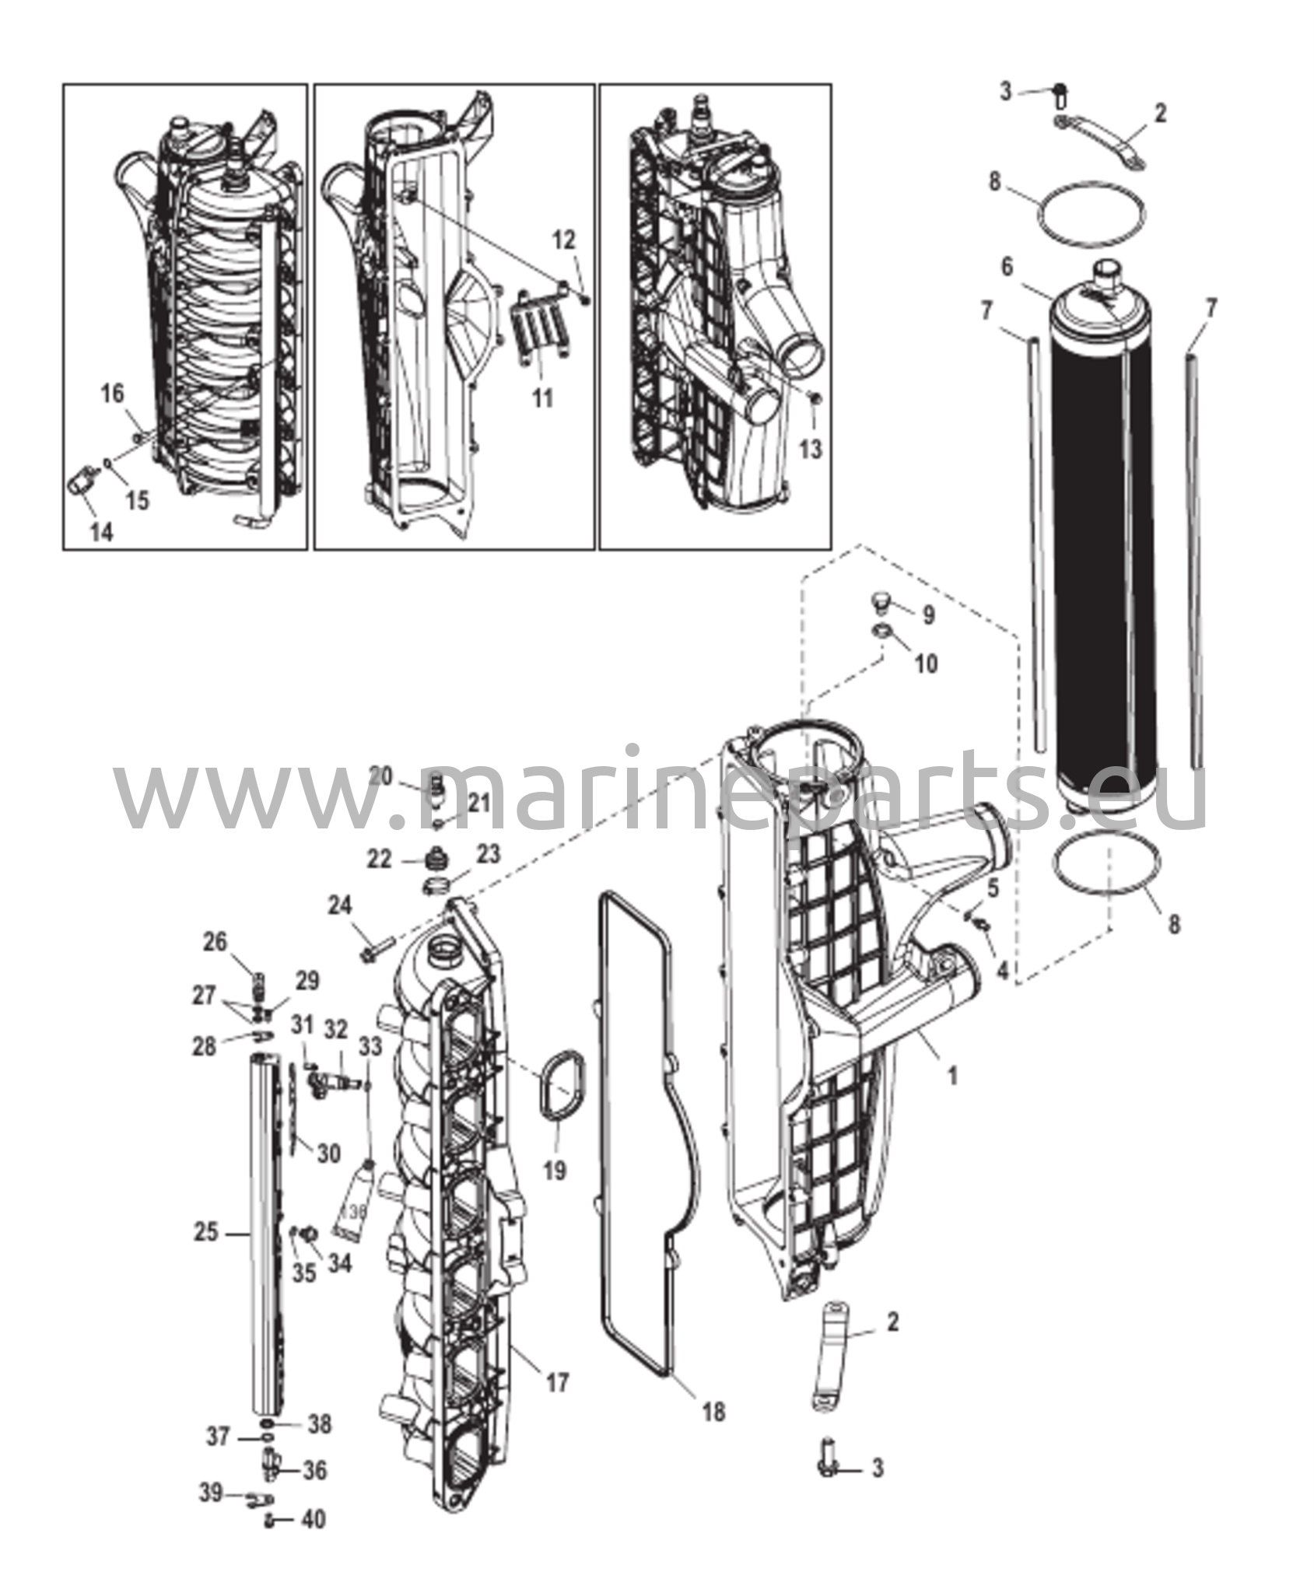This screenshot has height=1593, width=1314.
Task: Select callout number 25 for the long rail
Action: pos(205,1233)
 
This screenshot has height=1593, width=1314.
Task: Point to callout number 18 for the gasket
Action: pos(713,1411)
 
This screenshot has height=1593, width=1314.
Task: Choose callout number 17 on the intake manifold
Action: pos(557,1382)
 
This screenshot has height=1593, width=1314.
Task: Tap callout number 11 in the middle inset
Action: pos(542,397)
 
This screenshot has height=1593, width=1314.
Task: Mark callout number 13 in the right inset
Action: pos(811,449)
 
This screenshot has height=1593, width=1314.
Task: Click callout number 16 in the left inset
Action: pos(113,394)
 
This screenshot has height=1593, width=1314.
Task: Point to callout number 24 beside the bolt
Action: pos(340,905)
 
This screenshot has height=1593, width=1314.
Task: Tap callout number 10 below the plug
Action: pos(926,663)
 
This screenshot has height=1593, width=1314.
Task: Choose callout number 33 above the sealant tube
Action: pos(370,1047)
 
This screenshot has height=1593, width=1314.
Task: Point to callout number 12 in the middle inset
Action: pos(564,240)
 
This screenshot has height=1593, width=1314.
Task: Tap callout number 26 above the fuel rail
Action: pos(215,942)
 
